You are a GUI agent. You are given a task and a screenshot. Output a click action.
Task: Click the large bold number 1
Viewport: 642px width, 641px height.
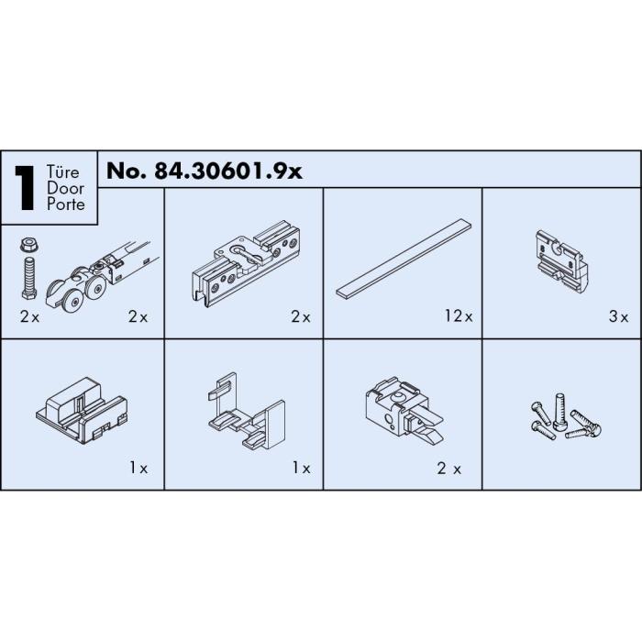(x=25, y=188)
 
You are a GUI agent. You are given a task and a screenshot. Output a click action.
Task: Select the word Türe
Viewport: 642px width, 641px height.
(x=62, y=171)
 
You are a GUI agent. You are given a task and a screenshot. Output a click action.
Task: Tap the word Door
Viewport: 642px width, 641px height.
(x=65, y=188)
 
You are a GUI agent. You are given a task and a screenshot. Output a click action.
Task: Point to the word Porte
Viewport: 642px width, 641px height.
(x=66, y=204)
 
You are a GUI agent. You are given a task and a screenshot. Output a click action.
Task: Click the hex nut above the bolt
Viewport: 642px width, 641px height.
(x=29, y=246)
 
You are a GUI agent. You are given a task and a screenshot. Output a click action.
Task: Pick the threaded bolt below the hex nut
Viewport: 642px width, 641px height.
(x=29, y=278)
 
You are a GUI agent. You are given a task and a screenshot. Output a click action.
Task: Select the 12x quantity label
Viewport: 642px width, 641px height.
(x=459, y=316)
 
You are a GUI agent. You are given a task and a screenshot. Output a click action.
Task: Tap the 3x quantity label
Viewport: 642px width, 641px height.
(x=619, y=316)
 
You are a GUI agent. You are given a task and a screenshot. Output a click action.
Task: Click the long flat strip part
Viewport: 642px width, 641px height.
(x=404, y=258)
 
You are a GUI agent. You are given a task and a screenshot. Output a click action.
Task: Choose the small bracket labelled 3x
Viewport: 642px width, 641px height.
(x=562, y=261)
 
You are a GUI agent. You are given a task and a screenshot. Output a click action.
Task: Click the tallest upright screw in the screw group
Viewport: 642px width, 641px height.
(x=559, y=412)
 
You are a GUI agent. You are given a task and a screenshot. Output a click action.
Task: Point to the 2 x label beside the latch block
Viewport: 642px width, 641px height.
(x=448, y=469)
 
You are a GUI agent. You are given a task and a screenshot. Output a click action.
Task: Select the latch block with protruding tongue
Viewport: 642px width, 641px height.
(x=404, y=411)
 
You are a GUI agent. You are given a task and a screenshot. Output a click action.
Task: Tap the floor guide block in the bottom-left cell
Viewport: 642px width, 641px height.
(x=82, y=411)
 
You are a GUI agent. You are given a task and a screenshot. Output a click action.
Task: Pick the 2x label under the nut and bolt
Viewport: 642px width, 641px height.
(x=29, y=316)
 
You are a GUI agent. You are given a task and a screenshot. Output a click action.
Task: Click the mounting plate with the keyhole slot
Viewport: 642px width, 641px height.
(x=246, y=264)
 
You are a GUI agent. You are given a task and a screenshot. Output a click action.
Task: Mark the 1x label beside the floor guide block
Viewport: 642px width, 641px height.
(x=138, y=468)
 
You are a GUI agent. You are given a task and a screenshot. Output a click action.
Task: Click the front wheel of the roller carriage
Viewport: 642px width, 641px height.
(x=74, y=302)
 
